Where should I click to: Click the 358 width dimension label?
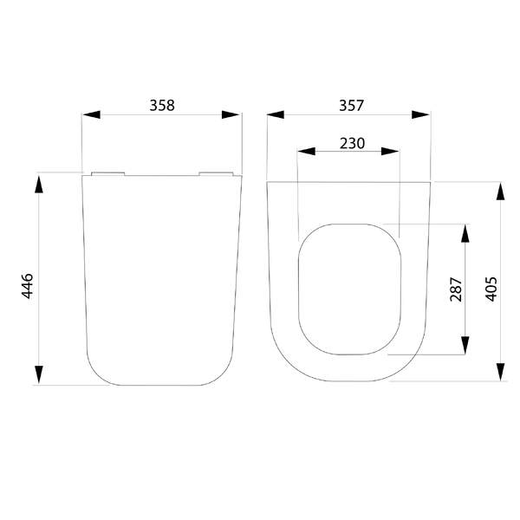162,106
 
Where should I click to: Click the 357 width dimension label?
352,106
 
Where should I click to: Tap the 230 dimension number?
352,143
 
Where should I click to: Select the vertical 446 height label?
27,286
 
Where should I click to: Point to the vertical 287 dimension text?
456,289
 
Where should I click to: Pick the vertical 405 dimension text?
491,289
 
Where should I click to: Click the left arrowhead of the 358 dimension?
91,114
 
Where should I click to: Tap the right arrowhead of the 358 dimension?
231,114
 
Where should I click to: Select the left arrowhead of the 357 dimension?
276,114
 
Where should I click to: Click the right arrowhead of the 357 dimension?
420,114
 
